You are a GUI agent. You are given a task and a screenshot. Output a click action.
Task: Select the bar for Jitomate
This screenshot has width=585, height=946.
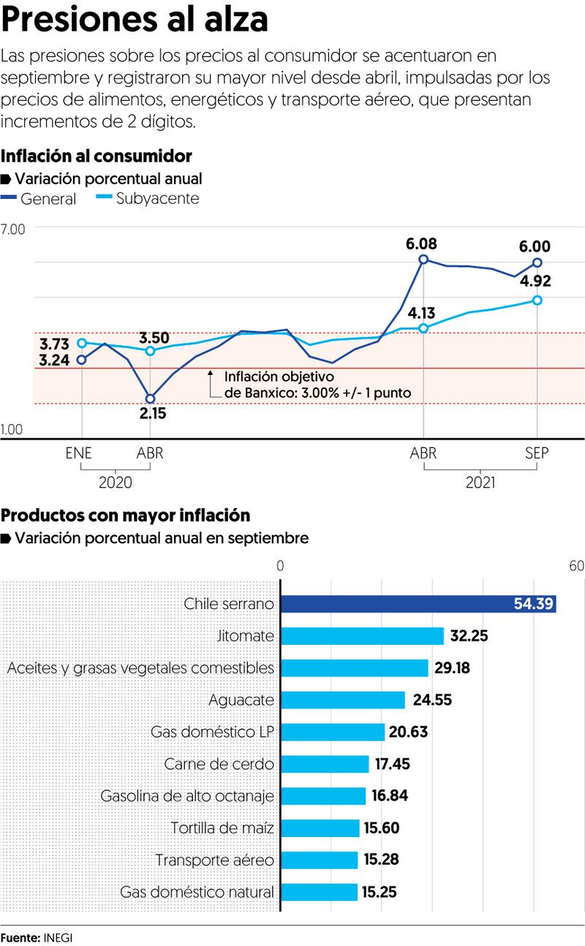click(362, 636)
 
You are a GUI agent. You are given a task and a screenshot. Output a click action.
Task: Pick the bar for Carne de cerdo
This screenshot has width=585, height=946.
click(325, 764)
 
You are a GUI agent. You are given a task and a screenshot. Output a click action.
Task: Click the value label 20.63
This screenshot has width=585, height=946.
click(409, 732)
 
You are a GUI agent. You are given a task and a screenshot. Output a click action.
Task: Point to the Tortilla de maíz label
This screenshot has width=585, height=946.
click(222, 828)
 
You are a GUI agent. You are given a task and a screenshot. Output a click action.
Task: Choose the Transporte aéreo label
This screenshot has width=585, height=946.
click(214, 860)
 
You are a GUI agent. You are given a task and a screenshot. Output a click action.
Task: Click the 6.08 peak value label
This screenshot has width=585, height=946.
click(423, 243)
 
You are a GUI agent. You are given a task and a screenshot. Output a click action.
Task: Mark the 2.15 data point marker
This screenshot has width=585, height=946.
click(151, 398)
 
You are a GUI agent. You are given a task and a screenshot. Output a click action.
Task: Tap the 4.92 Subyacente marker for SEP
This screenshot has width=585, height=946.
click(537, 300)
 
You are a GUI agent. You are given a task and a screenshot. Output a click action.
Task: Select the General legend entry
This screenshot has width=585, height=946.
click(39, 198)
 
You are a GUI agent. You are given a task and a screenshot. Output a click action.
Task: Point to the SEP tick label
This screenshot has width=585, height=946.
click(537, 453)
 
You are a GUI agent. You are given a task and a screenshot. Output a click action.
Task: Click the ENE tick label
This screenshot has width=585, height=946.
click(79, 453)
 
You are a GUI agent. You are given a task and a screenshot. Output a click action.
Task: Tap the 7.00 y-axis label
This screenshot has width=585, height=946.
click(13, 229)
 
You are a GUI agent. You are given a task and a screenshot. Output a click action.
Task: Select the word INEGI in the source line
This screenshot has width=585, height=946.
click(58, 937)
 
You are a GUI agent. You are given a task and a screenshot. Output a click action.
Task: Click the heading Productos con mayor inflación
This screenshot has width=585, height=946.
click(126, 515)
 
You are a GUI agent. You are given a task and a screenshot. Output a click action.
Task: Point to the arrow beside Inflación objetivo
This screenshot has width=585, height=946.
click(210, 376)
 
